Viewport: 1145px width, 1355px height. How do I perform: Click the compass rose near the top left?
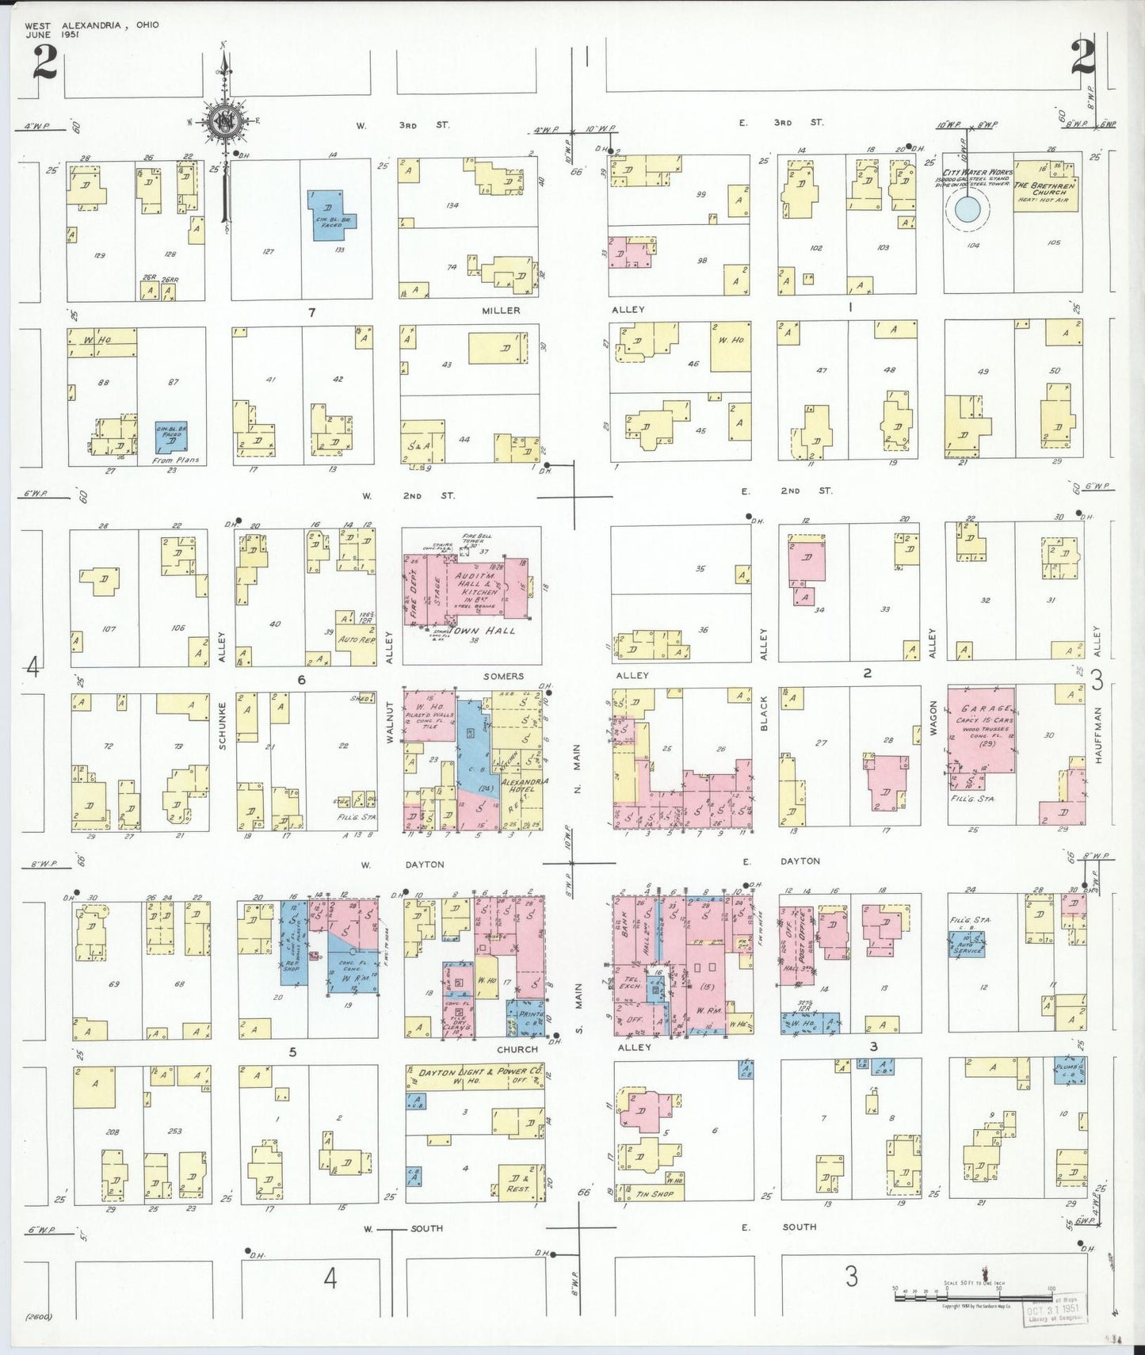click(x=223, y=121)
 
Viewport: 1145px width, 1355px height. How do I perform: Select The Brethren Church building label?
click(x=1045, y=189)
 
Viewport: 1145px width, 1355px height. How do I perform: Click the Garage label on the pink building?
click(x=985, y=708)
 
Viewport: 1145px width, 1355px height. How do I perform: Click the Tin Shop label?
click(x=655, y=1193)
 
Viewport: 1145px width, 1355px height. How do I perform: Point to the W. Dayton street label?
click(x=404, y=865)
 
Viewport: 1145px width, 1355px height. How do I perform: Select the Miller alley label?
click(x=501, y=311)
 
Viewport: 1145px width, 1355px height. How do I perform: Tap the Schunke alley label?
click(x=223, y=725)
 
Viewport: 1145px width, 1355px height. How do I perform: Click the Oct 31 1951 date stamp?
click(x=1053, y=1309)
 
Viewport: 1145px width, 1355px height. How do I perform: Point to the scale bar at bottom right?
click(x=975, y=1296)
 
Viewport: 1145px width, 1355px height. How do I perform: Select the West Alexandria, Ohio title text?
click(x=92, y=25)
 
